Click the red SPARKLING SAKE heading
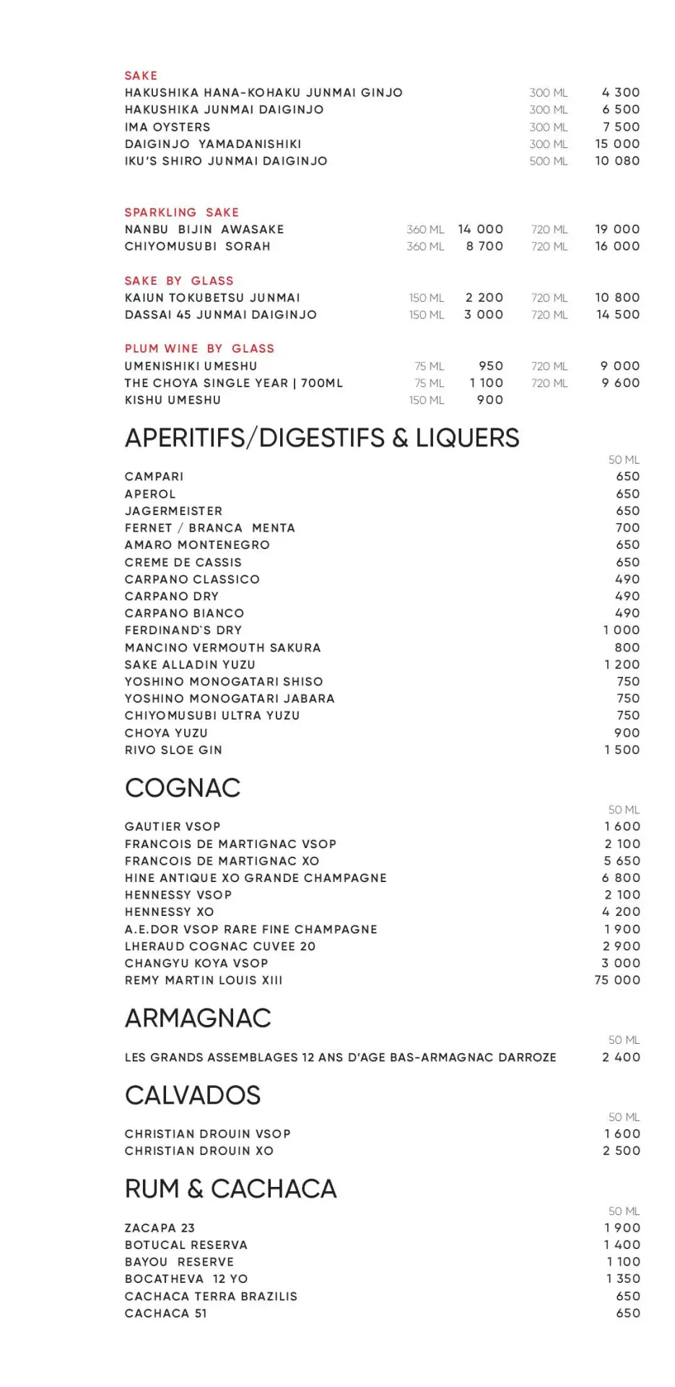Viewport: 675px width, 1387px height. coord(181,212)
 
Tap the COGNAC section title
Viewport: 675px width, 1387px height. coord(182,787)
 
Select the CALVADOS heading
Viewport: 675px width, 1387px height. coord(192,1095)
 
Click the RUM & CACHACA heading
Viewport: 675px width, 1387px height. coord(230,1188)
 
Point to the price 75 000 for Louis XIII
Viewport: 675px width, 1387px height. coord(617,980)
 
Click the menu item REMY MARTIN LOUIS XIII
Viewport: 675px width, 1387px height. coord(204,980)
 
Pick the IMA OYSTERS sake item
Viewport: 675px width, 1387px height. coord(167,127)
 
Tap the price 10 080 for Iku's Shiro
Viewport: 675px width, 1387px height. coord(617,161)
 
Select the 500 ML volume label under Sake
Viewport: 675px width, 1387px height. coord(549,161)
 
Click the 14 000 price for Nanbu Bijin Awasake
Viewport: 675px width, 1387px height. coord(480,229)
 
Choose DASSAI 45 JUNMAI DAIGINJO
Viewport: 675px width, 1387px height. coord(220,315)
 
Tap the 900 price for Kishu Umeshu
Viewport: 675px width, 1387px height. coord(489,400)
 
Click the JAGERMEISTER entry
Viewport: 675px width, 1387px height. coord(173,511)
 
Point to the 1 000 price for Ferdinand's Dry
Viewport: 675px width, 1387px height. coord(621,630)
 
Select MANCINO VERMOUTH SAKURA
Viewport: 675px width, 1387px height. coord(222,647)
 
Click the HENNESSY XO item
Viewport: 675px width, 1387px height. coord(169,912)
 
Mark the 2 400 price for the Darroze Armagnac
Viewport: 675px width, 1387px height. coord(621,1057)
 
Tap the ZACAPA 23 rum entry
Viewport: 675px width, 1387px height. coord(160,1228)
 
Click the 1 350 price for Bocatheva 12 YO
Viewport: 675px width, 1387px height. coord(622,1279)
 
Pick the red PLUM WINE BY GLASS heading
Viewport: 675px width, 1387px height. coord(199,349)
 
